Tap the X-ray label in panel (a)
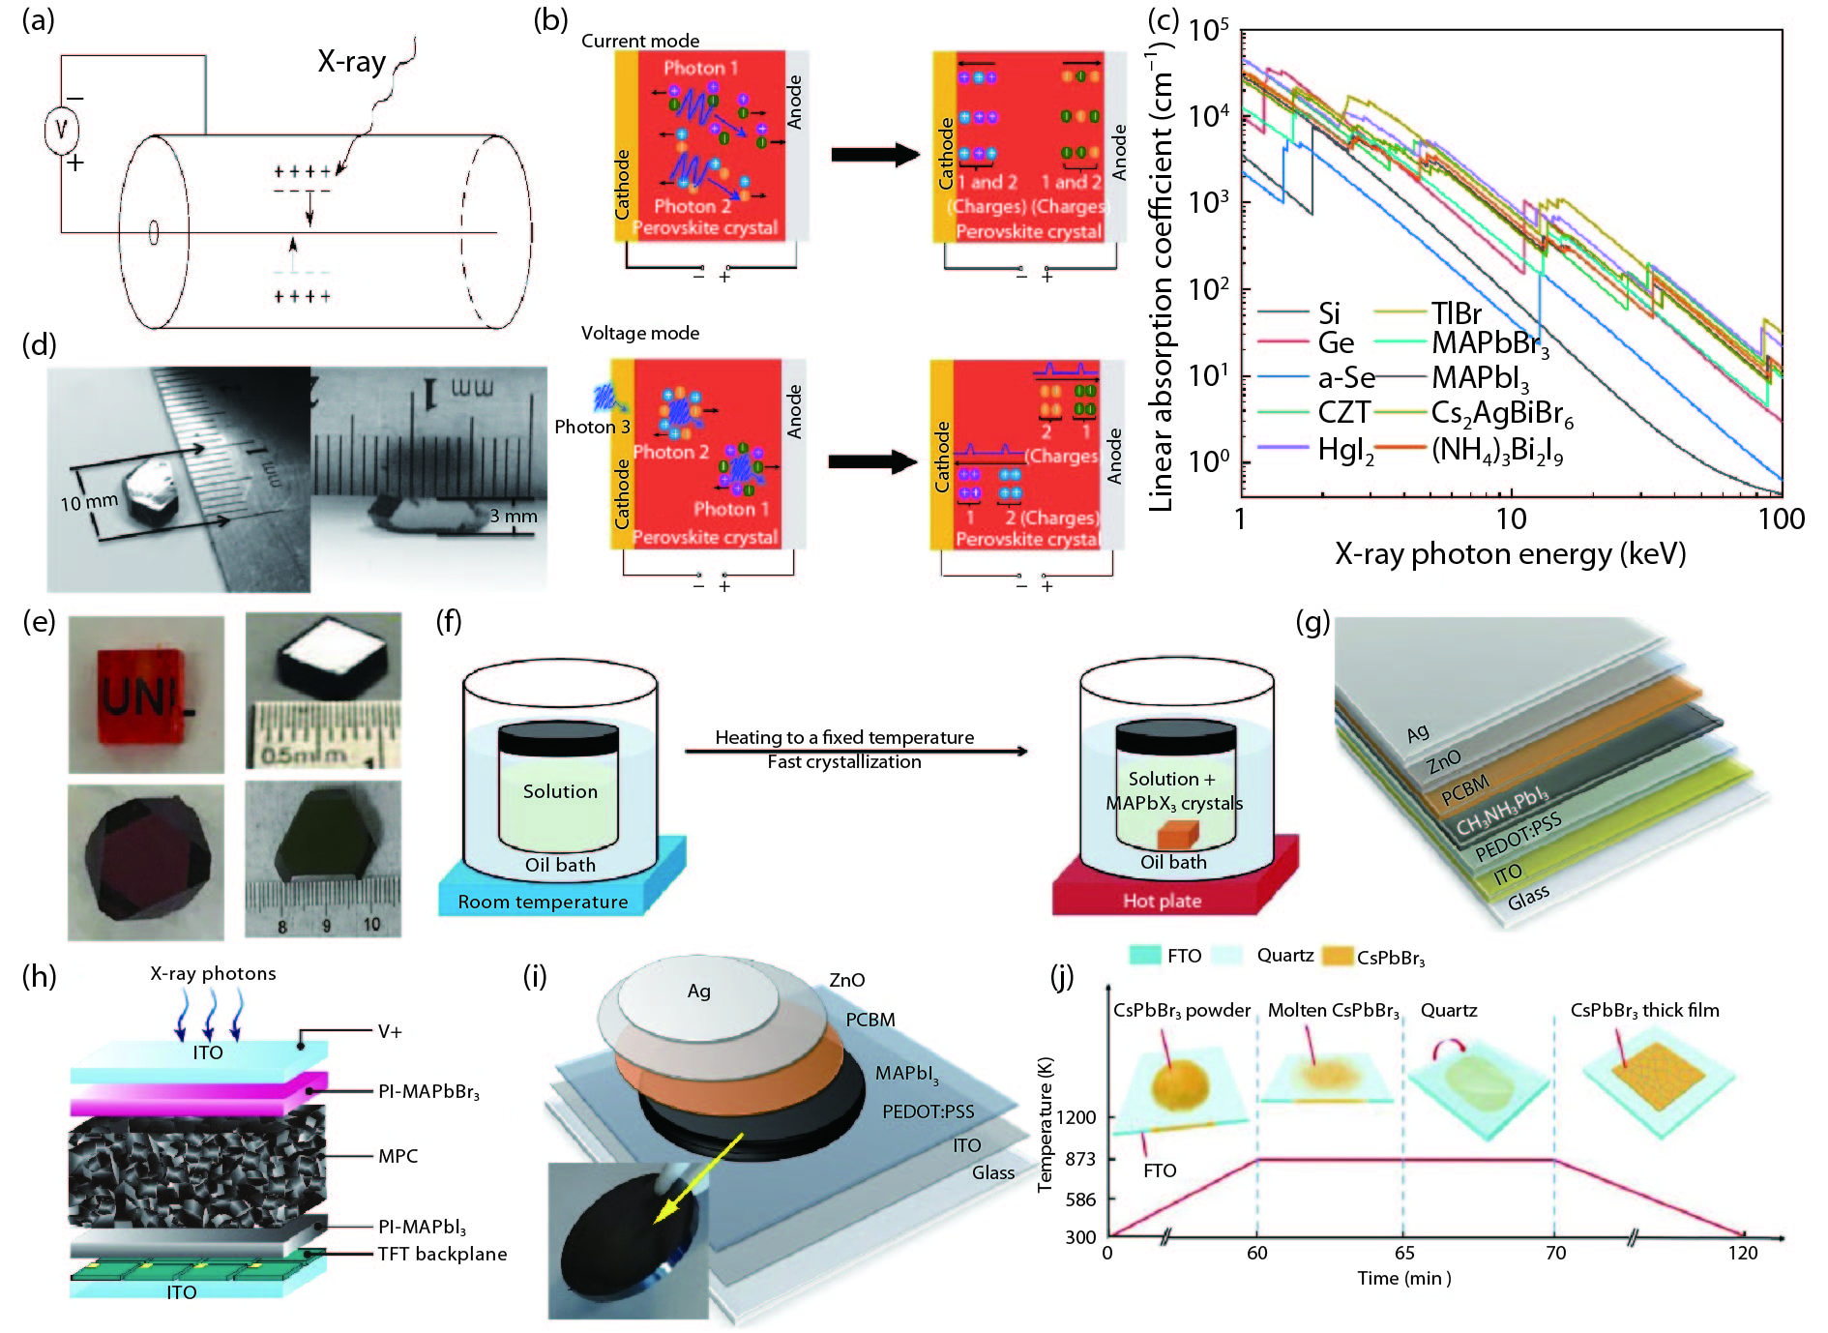pos(351,62)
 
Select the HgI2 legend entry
pos(1345,450)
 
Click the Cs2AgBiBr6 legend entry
pos(1501,414)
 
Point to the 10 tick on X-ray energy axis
pos(1511,519)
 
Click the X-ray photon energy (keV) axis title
pos(1510,554)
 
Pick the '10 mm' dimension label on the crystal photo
pos(88,502)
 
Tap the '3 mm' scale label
pos(513,517)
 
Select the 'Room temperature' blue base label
pos(543,902)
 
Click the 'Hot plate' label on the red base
pos(1162,901)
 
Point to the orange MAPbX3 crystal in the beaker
pos(1177,834)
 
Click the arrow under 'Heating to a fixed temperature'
pos(855,751)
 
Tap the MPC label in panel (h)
pos(398,1156)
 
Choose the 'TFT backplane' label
pos(442,1254)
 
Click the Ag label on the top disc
pos(698,991)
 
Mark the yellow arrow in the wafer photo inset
pos(697,1177)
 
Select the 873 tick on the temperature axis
pos(1080,1159)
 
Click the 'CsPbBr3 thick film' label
pos(1644,1011)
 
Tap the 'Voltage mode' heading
pos(639,333)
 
